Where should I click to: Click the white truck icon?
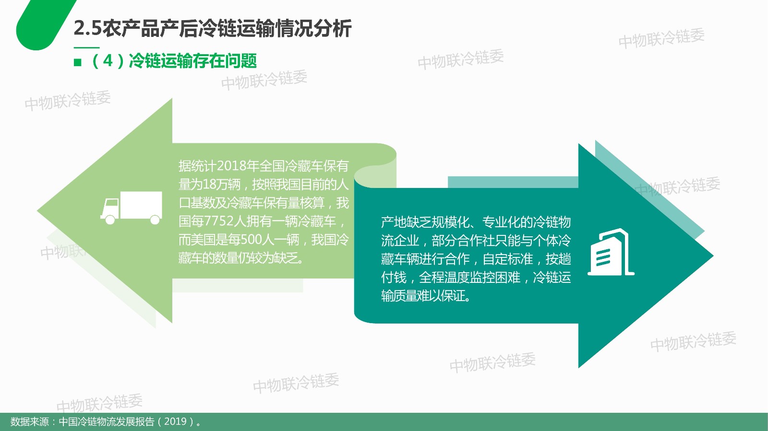tap(132, 208)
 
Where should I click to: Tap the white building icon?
tap(611, 252)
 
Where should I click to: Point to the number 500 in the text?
tap(251, 240)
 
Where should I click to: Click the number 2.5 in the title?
tap(88, 28)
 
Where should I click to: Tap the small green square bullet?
tap(77, 62)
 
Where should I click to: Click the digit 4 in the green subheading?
tap(108, 61)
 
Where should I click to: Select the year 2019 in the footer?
tap(175, 421)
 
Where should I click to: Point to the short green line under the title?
tap(86, 47)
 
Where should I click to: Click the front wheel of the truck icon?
tap(110, 220)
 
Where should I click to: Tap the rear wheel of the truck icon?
tap(155, 220)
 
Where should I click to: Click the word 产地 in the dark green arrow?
tap(394, 222)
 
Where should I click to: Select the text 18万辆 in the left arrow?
tap(221, 185)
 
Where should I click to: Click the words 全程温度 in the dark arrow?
tap(444, 277)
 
